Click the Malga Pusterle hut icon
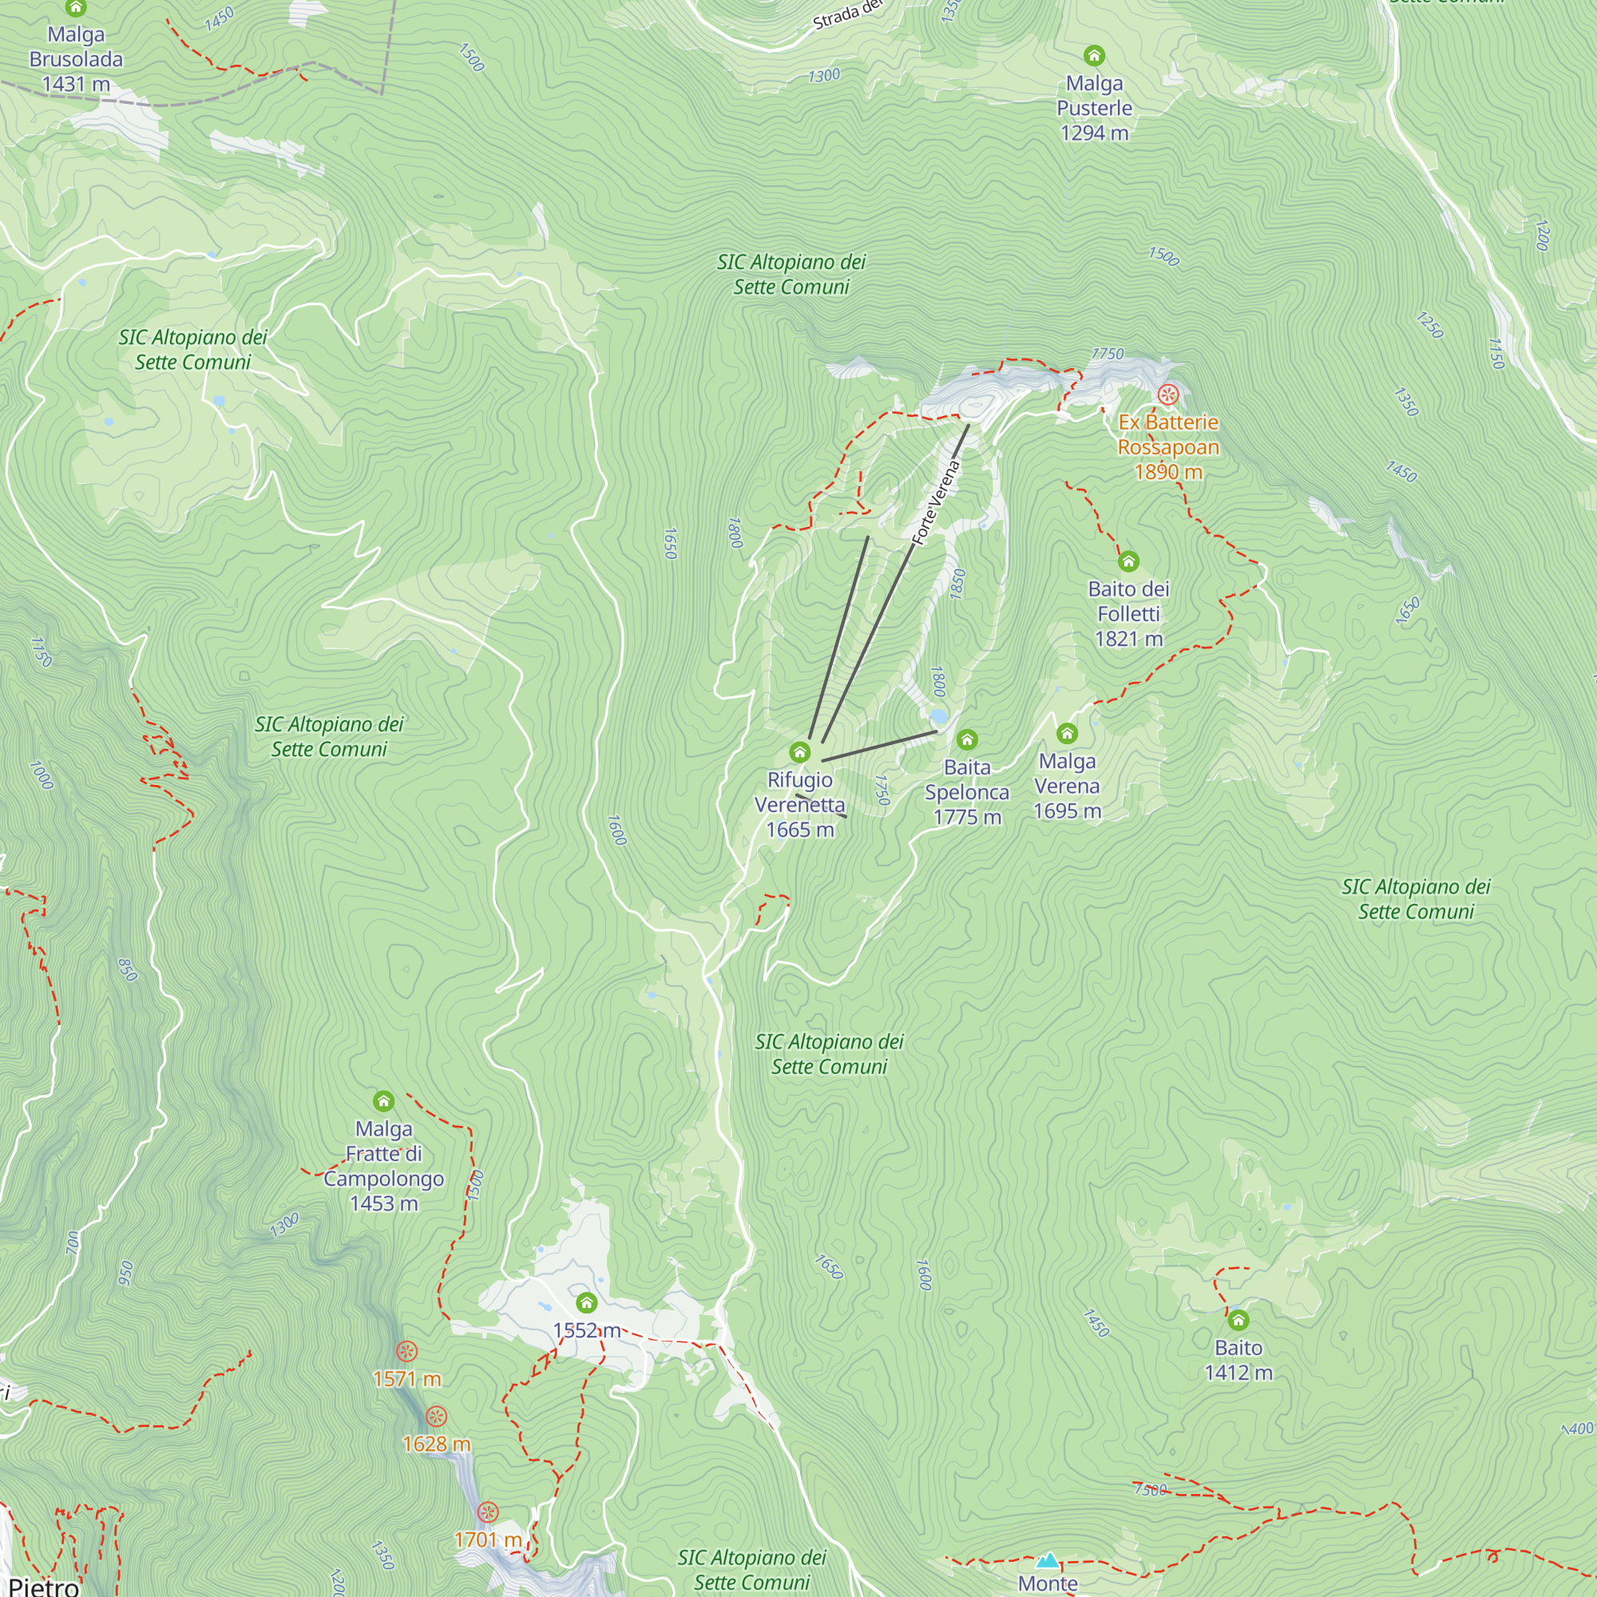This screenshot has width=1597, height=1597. click(x=1094, y=56)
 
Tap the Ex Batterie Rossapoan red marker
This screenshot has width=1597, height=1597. click(x=1167, y=394)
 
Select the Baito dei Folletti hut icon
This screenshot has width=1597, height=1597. click(x=1128, y=562)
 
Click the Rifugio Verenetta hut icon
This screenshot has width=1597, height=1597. click(x=799, y=752)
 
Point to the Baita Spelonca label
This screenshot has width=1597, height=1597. click(x=966, y=791)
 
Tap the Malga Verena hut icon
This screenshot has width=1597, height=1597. click(x=1066, y=733)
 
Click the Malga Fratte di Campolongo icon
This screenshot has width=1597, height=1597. click(x=383, y=1101)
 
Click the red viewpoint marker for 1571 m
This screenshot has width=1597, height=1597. click(x=406, y=1352)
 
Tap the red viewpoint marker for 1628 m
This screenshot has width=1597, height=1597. click(x=436, y=1417)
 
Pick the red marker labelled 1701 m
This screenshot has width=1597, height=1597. click(x=488, y=1512)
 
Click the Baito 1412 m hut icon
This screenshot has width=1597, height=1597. click(x=1238, y=1320)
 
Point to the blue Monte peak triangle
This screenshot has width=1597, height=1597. click(x=1048, y=1560)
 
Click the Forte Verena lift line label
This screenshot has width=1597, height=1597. click(x=936, y=501)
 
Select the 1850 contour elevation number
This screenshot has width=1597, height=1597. click(x=958, y=584)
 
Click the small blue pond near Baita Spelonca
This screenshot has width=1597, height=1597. click(x=937, y=715)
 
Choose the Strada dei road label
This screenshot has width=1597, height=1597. click(x=848, y=15)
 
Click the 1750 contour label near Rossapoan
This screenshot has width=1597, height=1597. click(x=1107, y=354)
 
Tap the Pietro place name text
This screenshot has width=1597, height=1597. click(x=43, y=1586)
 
